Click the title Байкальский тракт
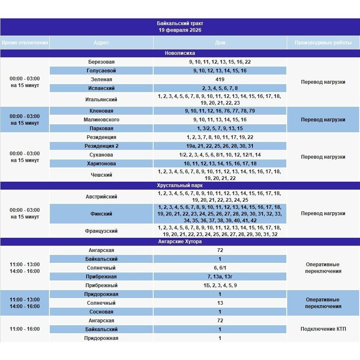pyautogui.click(x=180, y=23)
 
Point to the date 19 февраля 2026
pyautogui.click(x=180, y=31)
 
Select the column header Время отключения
pyautogui.click(x=25, y=43)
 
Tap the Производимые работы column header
pyautogui.click(x=323, y=43)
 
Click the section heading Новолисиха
pyautogui.click(x=180, y=53)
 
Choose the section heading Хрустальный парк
pyautogui.click(x=180, y=185)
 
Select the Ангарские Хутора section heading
pyautogui.click(x=180, y=242)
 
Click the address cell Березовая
pyautogui.click(x=101, y=62)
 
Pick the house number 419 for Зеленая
pyautogui.click(x=220, y=80)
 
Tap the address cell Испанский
pyautogui.click(x=101, y=88)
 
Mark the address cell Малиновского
pyautogui.click(x=101, y=120)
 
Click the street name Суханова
pyautogui.click(x=101, y=155)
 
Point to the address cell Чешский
pyautogui.click(x=101, y=175)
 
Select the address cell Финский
pyautogui.click(x=101, y=214)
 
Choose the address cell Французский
pyautogui.click(x=101, y=231)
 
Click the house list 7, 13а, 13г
pyautogui.click(x=220, y=277)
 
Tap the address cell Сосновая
pyautogui.click(x=101, y=312)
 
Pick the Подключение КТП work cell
pyautogui.click(x=323, y=329)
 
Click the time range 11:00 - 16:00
pyautogui.click(x=25, y=329)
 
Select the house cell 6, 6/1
pyautogui.click(x=220, y=268)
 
